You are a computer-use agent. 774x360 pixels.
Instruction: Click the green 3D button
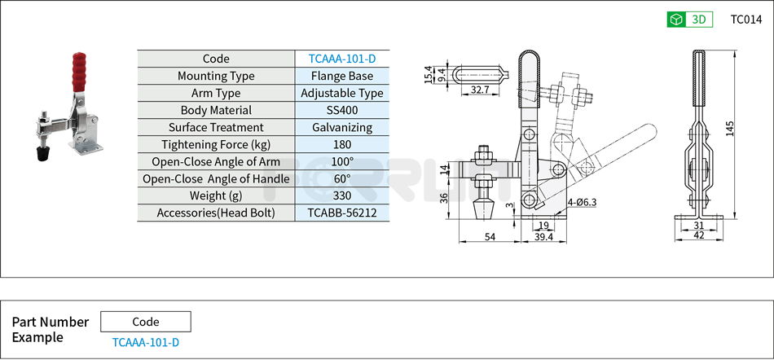click(x=689, y=20)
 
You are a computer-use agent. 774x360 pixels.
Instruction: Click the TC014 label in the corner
click(x=745, y=20)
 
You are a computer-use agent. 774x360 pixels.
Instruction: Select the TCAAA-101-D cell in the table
click(x=342, y=59)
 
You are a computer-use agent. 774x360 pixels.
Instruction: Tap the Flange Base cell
click(x=342, y=76)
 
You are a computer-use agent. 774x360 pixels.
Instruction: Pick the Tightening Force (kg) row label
click(x=216, y=144)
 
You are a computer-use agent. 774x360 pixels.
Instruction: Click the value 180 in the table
click(x=342, y=144)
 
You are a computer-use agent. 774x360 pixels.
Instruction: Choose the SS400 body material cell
click(x=342, y=110)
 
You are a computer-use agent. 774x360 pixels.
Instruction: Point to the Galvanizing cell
click(x=342, y=127)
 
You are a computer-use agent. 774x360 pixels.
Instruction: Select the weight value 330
click(x=342, y=195)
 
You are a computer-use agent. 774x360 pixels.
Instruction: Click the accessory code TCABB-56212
click(x=342, y=213)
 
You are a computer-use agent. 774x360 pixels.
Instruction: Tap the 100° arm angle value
click(x=342, y=161)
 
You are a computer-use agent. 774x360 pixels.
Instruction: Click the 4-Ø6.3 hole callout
click(x=583, y=202)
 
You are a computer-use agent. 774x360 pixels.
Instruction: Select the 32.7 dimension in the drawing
click(x=480, y=90)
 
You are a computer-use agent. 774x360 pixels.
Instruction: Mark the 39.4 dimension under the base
click(x=543, y=237)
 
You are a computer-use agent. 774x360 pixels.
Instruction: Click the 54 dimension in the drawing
click(x=490, y=237)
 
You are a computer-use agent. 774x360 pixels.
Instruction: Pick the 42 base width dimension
click(x=698, y=235)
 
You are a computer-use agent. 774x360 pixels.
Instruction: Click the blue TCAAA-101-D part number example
click(x=146, y=342)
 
